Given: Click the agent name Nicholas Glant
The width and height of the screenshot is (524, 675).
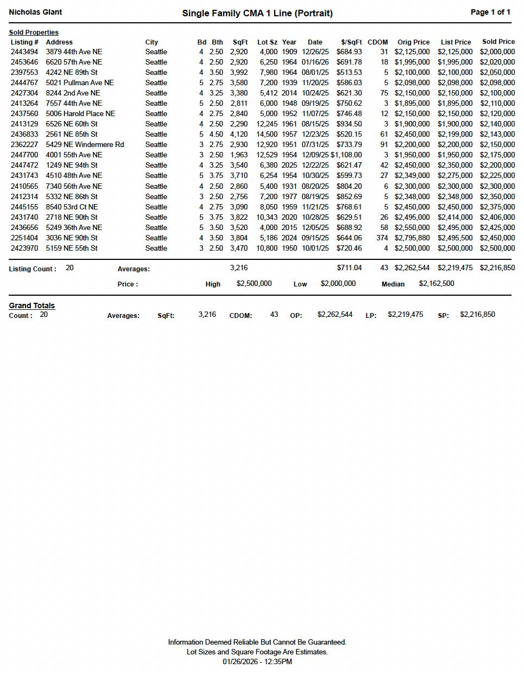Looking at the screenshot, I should click(35, 12).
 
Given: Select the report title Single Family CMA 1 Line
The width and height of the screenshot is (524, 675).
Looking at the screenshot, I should click(257, 13).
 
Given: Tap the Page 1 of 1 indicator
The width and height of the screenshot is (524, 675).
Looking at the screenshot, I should click(490, 12).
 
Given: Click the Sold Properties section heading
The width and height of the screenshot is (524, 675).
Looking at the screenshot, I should click(34, 33).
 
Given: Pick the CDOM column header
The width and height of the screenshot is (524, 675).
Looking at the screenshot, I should click(377, 42).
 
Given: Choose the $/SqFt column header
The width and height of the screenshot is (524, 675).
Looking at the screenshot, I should click(351, 42).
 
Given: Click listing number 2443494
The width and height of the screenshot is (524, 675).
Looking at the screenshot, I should click(24, 52).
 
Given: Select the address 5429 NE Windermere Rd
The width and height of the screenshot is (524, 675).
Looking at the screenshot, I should click(85, 145).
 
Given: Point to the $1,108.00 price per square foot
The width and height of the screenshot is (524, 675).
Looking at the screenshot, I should click(346, 155).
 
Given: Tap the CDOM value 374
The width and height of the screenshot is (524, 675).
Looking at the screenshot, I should click(382, 238).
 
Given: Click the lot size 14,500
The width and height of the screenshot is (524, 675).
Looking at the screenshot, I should click(267, 135).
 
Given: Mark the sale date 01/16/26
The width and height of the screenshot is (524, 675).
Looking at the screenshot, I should click(315, 62).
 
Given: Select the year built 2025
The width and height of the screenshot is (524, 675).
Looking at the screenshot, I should click(289, 165).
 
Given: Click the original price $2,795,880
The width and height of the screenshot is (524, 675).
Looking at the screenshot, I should click(412, 238).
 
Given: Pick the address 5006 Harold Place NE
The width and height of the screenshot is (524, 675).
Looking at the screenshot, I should click(80, 114).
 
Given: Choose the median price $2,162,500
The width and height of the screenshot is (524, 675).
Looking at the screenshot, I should click(437, 284).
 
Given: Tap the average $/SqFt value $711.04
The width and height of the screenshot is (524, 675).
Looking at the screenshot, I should click(349, 268).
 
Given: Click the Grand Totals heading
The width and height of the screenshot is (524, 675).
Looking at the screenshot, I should click(31, 306).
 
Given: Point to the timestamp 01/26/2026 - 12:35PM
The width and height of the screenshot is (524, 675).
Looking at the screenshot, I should click(257, 662).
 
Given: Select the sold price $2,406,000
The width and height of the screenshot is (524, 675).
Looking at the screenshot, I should click(497, 217).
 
